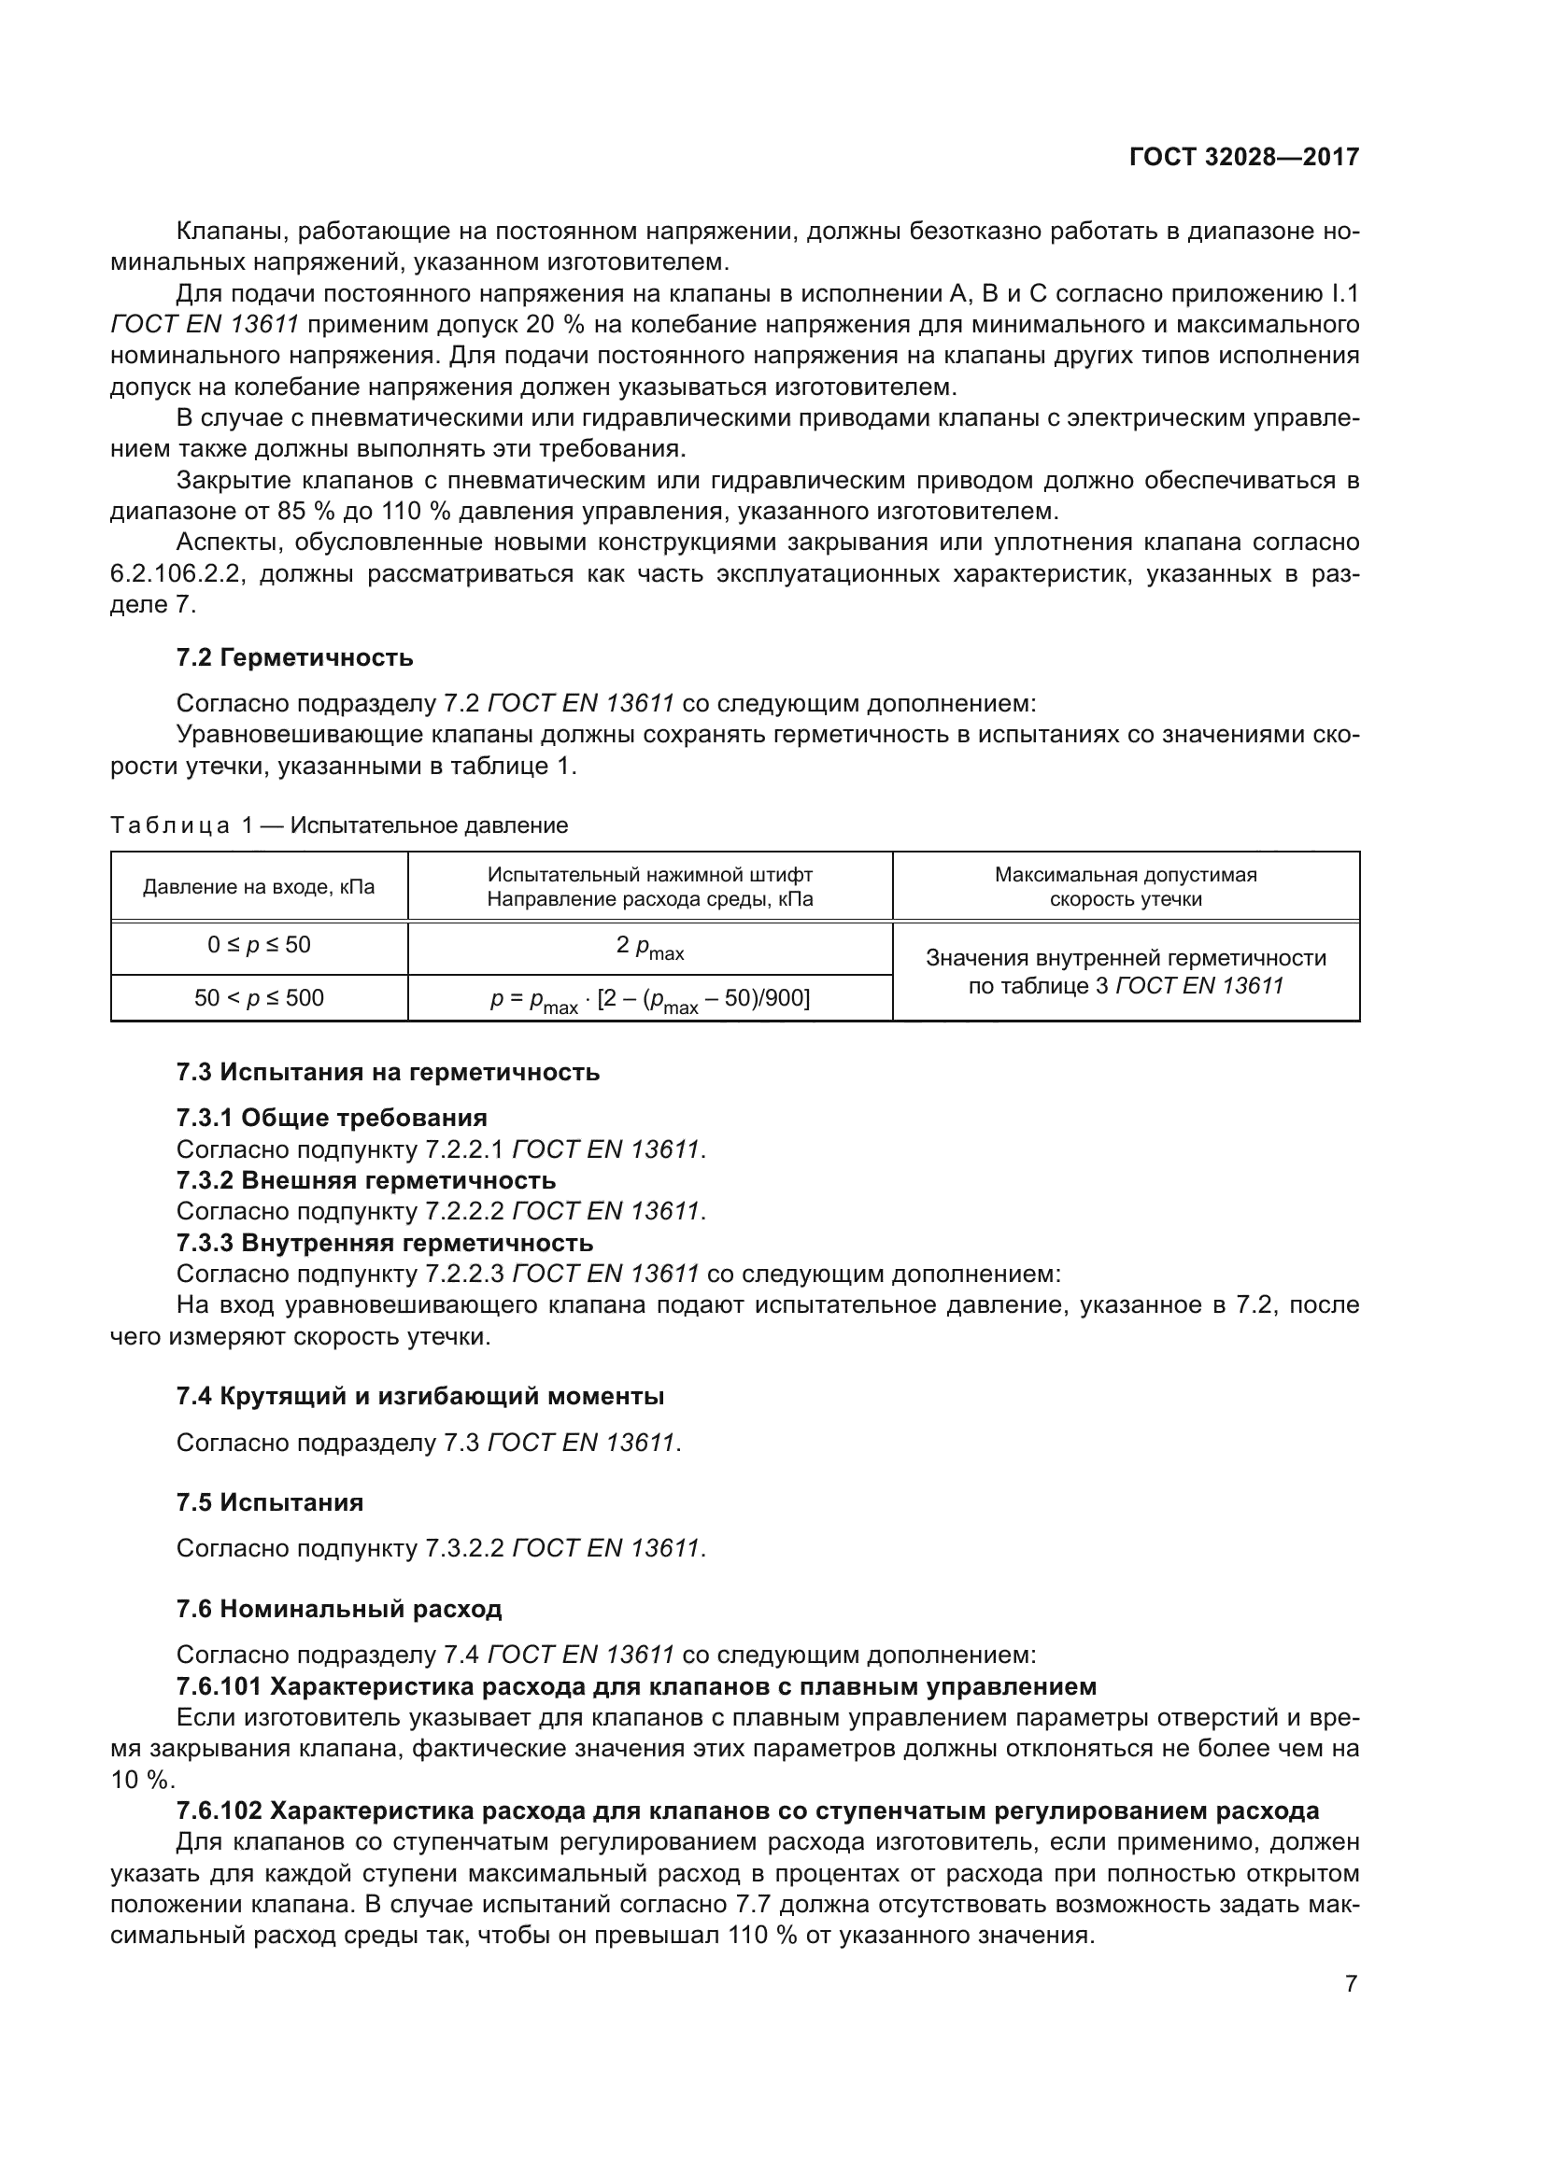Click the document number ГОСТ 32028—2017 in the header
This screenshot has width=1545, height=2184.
point(1243,158)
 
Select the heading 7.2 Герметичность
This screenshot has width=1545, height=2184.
point(294,657)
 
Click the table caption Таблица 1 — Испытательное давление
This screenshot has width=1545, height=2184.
point(339,825)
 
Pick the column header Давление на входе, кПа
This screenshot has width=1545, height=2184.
point(259,887)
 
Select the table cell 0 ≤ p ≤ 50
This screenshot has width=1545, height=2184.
point(259,946)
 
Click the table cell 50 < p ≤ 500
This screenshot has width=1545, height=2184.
point(259,998)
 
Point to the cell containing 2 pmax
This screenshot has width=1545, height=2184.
point(650,948)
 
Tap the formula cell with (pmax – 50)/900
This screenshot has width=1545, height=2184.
point(650,1000)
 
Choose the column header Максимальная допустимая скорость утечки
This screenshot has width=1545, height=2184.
point(1126,887)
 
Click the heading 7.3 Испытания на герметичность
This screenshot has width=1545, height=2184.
point(388,1072)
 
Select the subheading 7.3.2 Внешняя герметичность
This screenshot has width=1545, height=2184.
point(365,1180)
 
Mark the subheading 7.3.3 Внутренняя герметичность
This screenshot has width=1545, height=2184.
point(384,1243)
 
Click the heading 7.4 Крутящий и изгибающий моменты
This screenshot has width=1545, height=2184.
point(419,1396)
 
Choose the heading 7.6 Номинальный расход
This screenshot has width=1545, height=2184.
point(339,1610)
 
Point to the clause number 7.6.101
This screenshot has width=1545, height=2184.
point(219,1686)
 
